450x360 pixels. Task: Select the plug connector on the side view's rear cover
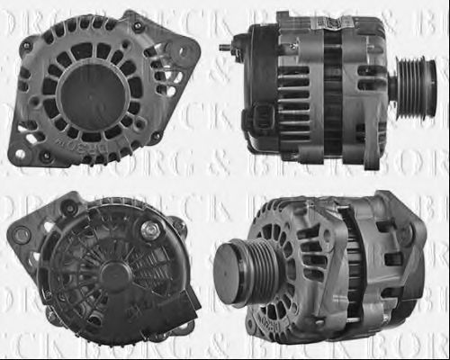click(262, 117)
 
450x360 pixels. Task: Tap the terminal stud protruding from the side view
click(226, 47)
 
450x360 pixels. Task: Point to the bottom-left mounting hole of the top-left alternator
click(21, 155)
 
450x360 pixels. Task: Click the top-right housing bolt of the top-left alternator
click(136, 27)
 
